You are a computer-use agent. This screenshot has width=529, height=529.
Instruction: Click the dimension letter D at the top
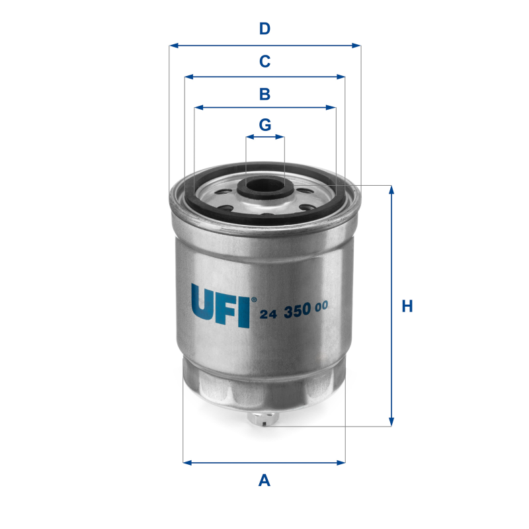(264, 28)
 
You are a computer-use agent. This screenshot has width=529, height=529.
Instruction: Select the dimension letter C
(264, 61)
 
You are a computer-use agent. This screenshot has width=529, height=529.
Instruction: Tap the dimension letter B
(264, 94)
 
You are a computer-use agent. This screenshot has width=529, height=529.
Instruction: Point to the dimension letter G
(264, 124)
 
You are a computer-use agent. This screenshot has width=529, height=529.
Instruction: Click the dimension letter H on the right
(407, 306)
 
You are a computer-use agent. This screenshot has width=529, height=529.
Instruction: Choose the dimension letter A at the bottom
(264, 481)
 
